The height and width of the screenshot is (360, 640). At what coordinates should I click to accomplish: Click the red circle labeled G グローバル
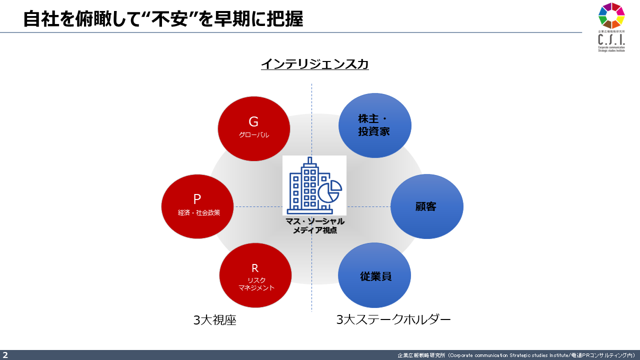253,128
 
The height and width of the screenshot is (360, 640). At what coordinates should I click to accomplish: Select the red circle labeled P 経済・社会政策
197,206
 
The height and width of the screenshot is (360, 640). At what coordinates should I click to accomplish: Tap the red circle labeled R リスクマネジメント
255,275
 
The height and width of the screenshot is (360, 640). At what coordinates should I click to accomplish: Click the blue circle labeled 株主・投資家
375,125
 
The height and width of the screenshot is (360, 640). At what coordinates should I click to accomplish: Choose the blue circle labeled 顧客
427,206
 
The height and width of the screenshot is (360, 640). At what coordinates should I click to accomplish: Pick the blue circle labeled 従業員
374,275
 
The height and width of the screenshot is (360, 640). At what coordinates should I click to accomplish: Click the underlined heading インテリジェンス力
315,64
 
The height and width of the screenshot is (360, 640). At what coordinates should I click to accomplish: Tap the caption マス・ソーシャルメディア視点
315,225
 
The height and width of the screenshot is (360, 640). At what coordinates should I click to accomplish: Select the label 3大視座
215,320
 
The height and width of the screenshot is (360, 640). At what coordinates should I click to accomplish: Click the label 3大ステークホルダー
393,319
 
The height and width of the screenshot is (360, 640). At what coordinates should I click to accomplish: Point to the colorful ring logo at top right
611,15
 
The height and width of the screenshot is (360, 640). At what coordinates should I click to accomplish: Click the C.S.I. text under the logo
611,39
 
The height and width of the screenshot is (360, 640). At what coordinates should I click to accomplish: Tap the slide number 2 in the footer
5,355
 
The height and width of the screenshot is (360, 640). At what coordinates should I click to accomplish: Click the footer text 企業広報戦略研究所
421,355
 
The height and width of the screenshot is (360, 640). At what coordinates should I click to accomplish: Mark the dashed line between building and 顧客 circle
368,206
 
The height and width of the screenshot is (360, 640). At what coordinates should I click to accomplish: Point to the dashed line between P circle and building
258,206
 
